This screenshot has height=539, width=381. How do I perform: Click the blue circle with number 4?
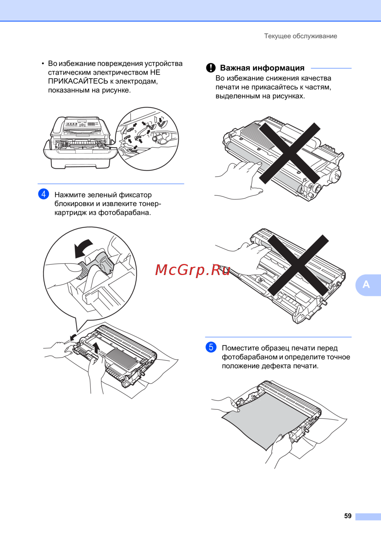(x=43, y=194)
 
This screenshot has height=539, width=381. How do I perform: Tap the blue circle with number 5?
(x=211, y=347)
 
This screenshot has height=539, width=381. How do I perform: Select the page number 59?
(x=348, y=516)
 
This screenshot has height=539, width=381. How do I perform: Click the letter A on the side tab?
(x=366, y=285)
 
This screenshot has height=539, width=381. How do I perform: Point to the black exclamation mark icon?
(x=211, y=68)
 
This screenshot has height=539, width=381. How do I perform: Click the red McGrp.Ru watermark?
(x=192, y=270)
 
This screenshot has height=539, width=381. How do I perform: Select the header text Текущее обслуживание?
(x=301, y=36)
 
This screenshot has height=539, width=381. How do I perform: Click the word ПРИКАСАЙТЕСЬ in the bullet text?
(x=78, y=81)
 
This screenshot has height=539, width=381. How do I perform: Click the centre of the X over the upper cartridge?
(x=290, y=153)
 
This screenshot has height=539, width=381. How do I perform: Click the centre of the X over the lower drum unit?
(x=298, y=265)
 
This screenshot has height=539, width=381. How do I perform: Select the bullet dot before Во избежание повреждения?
(x=43, y=64)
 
